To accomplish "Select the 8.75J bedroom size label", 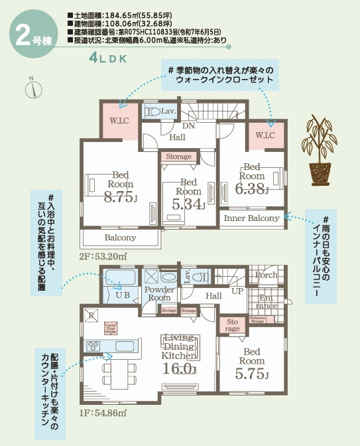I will click(120, 196).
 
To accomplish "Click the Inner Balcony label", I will click(251, 218).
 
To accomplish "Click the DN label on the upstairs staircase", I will click(188, 125).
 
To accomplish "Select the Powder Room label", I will click(159, 294).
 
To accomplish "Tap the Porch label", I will click(267, 275).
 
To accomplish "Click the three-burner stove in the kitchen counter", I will click(92, 346).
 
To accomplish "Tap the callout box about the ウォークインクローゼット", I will click(219, 74).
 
